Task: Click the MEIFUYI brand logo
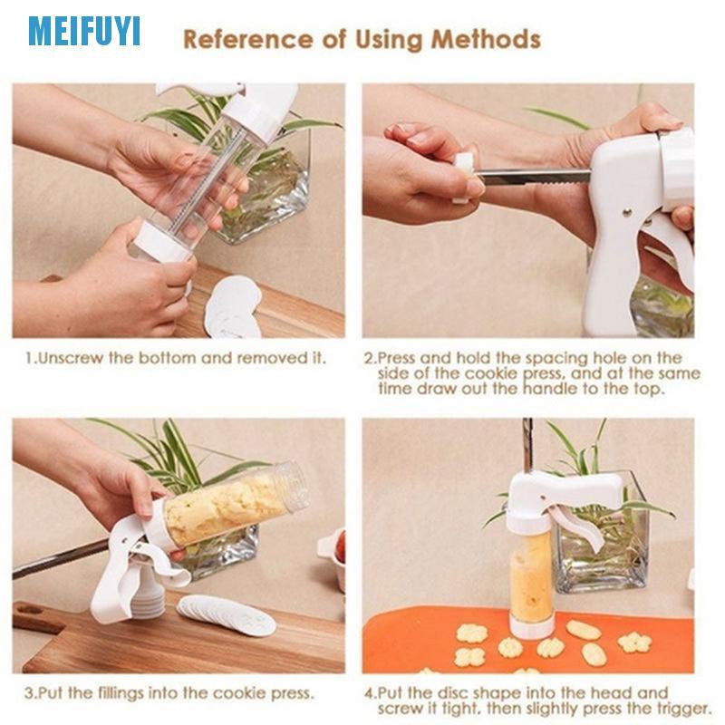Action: coord(83,31)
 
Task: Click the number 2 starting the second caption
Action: coord(369,358)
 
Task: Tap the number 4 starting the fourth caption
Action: coord(369,693)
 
